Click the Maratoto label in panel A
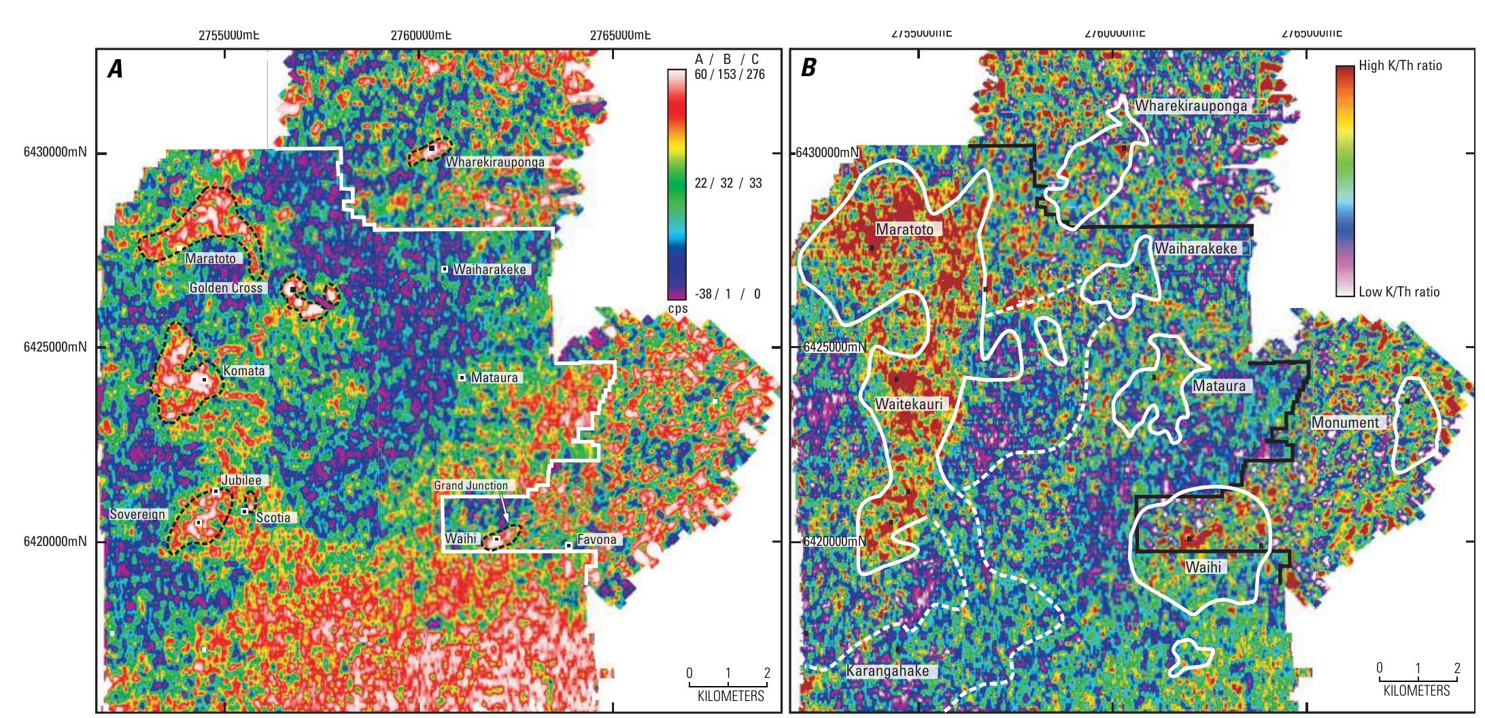coord(211,258)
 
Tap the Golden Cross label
coord(226,288)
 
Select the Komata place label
coord(244,371)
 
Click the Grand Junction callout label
coord(471,485)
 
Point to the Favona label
coord(596,540)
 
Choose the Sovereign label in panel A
coord(138,514)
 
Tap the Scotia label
coord(273,517)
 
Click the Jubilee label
coord(241,480)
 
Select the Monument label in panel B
coord(1345,422)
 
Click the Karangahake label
coord(887,671)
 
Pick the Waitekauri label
coord(908,405)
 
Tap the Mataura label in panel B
coord(1219,386)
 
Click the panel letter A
coord(116,69)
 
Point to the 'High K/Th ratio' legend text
coord(1400,66)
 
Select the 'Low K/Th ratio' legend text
coord(1399,292)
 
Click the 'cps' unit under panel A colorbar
coord(677,308)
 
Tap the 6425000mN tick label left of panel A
coord(49,347)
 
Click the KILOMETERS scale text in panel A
coord(730,696)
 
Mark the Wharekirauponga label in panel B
coord(1191,106)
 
